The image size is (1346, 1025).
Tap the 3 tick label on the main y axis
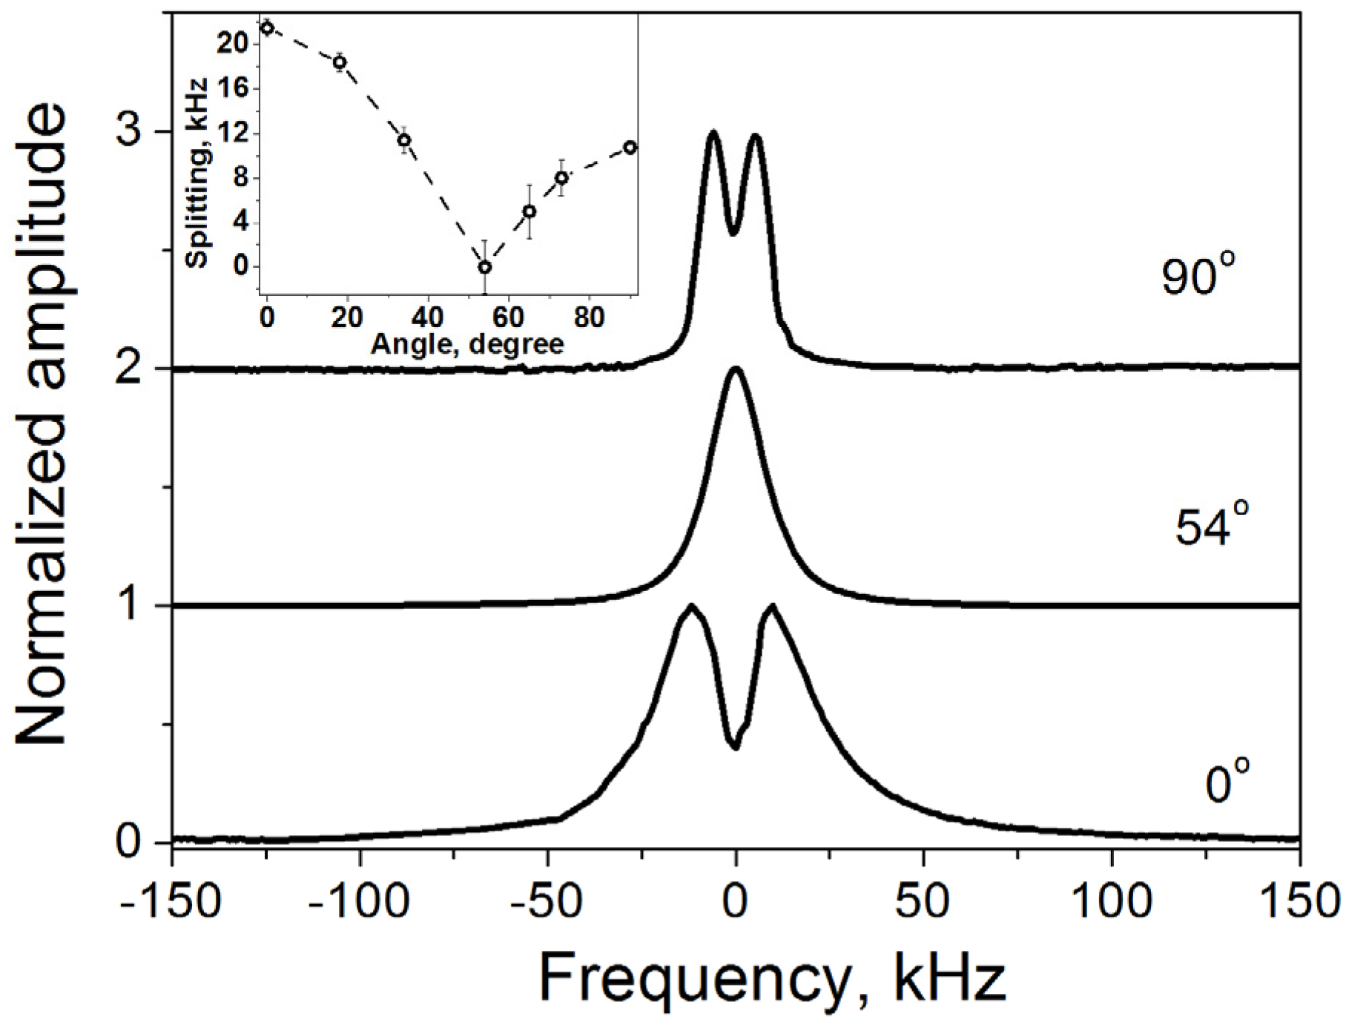(131, 132)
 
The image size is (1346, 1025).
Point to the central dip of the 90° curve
(733, 233)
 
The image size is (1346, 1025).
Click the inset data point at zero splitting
(484, 267)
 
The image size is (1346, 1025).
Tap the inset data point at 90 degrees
(630, 147)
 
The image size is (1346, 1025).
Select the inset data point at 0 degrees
(267, 28)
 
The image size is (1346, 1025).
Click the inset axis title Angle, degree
(467, 344)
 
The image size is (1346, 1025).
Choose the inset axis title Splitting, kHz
(197, 173)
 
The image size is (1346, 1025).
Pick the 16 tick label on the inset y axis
(235, 88)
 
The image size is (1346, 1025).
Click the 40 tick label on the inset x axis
(427, 317)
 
